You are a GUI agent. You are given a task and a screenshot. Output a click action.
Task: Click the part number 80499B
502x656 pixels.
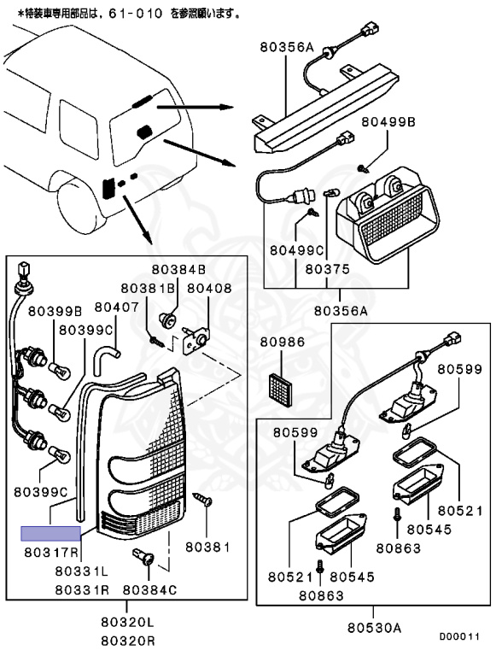pyautogui.click(x=388, y=122)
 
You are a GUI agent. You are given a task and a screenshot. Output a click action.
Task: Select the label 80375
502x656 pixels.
pyautogui.click(x=327, y=269)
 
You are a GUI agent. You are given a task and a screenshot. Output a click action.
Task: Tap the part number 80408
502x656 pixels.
pyautogui.click(x=209, y=288)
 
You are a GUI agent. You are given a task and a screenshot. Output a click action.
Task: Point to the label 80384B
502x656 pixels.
pyautogui.click(x=178, y=269)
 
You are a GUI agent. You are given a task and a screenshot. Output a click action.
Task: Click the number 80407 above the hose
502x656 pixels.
pyautogui.click(x=117, y=307)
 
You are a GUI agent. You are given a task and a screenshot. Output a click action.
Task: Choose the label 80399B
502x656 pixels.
pyautogui.click(x=55, y=311)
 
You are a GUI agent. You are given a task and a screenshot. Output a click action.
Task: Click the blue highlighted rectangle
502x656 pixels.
pyautogui.click(x=51, y=533)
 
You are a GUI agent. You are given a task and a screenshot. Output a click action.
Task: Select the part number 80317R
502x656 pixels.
pyautogui.click(x=51, y=553)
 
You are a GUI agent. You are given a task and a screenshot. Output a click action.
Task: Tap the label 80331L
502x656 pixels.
pyautogui.click(x=82, y=571)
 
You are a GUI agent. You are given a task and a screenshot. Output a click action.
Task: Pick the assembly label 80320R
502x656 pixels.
pyautogui.click(x=127, y=641)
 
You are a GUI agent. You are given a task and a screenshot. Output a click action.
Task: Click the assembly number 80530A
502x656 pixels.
pyautogui.click(x=374, y=628)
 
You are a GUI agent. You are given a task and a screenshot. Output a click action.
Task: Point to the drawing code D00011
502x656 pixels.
pyautogui.click(x=459, y=636)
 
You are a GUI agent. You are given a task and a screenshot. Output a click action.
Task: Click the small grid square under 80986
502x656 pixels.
pyautogui.click(x=279, y=389)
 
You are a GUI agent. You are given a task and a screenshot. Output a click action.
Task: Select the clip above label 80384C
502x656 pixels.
pyautogui.click(x=143, y=557)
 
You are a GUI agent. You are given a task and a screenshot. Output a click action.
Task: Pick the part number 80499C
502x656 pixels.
pyautogui.click(x=296, y=250)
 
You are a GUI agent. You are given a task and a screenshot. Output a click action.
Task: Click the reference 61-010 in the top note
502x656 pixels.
pyautogui.click(x=136, y=14)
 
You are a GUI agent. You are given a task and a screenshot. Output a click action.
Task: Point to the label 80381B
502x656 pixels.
pyautogui.click(x=148, y=288)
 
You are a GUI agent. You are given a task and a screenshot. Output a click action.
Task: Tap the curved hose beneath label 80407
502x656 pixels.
pyautogui.click(x=106, y=356)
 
